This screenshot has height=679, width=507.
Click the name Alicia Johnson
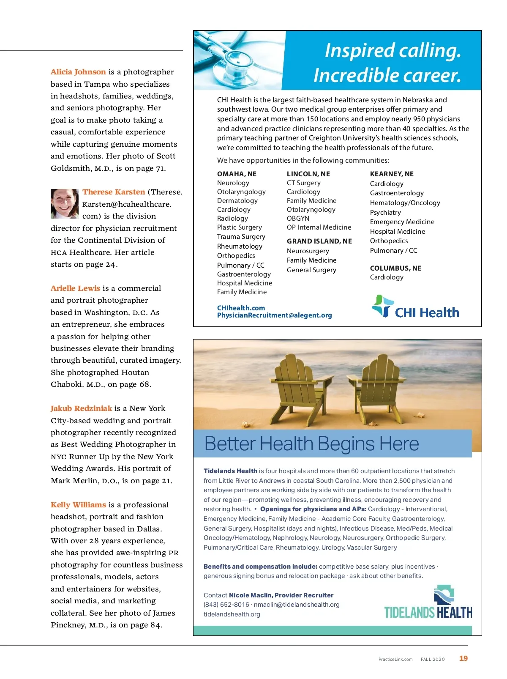coord(78,72)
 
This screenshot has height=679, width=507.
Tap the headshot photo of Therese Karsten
coord(65,204)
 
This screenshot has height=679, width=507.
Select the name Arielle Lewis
coord(75,288)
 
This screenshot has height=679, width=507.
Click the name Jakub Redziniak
coord(81,408)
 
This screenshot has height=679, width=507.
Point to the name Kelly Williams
coord(78,505)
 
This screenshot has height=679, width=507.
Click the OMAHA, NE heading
coord(237,174)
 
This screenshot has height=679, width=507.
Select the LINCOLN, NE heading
coord(308,174)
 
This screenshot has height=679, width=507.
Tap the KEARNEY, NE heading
coord(392,174)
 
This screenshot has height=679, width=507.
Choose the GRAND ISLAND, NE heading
coord(319,241)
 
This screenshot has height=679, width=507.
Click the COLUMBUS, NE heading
coord(395,268)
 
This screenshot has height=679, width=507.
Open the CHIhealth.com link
coord(241,308)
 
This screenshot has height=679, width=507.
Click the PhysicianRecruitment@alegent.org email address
coord(274,315)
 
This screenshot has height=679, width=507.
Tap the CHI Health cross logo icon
coord(382,306)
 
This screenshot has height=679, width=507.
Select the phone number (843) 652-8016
coord(226,605)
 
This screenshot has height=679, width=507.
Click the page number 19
coord(463,658)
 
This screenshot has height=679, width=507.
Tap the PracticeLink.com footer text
coord(395,659)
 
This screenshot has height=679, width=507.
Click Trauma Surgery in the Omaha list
coord(241,237)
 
